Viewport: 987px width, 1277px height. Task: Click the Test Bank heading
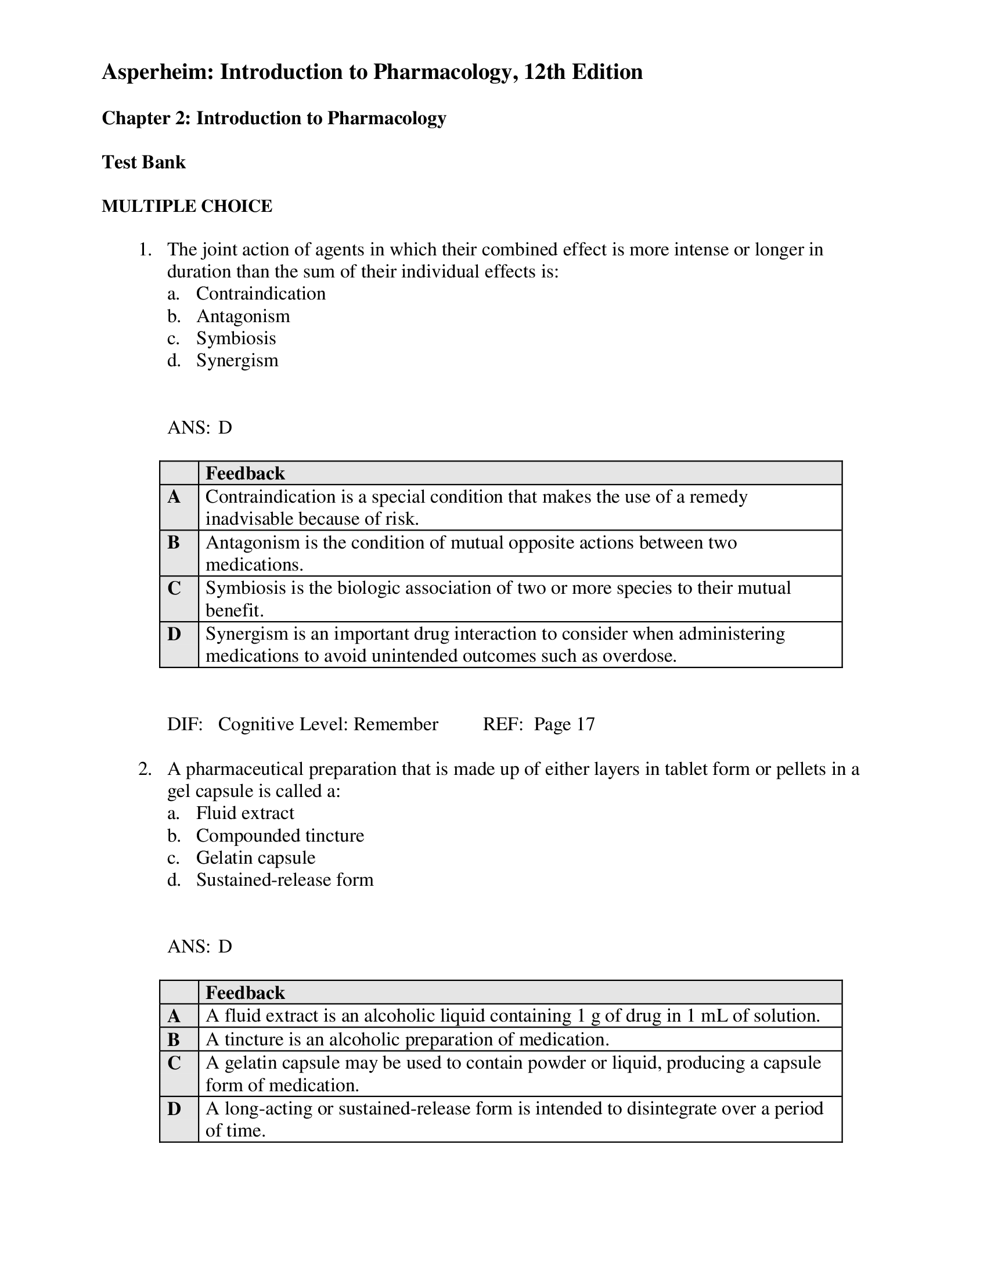point(143,162)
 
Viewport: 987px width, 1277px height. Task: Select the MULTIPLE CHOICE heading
point(186,206)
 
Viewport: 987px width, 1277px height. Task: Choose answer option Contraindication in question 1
point(260,294)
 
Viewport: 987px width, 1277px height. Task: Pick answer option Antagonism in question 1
point(243,316)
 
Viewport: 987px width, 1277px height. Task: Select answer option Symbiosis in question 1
point(236,338)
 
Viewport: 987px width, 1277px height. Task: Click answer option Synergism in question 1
point(237,360)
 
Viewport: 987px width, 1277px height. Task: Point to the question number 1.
point(145,250)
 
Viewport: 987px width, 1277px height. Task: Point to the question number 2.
point(145,769)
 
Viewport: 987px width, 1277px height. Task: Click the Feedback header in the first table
point(245,473)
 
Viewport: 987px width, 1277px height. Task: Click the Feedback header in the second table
point(245,993)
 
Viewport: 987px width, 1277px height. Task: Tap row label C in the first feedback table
point(174,588)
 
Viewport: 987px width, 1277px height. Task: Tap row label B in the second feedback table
point(174,1039)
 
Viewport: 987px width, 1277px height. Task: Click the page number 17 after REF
point(585,724)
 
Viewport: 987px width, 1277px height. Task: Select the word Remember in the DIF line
point(395,724)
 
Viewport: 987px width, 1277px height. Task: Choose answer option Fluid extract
point(245,813)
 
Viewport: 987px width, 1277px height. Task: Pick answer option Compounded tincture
point(279,835)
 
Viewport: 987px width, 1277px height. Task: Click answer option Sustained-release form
point(284,880)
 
